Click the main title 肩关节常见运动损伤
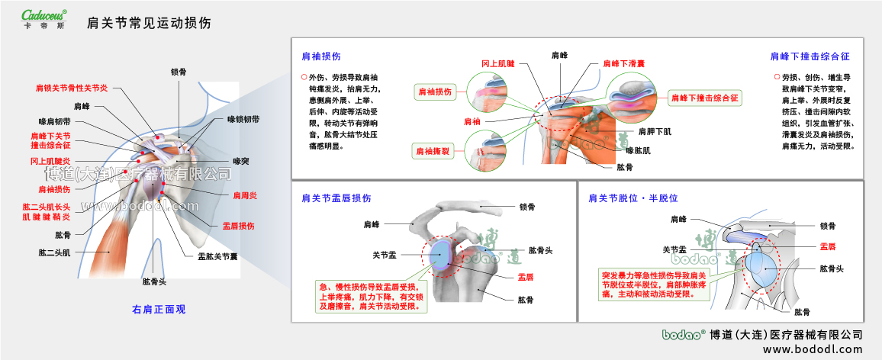click(x=149, y=24)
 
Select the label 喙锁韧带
click(x=243, y=120)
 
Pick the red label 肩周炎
click(x=244, y=196)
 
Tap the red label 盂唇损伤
click(x=238, y=226)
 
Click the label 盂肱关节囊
click(x=217, y=256)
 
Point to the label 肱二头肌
click(x=54, y=252)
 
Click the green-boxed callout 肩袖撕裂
click(x=433, y=152)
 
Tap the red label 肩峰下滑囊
click(x=624, y=64)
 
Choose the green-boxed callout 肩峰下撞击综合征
click(x=704, y=98)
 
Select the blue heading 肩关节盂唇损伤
click(x=336, y=198)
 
